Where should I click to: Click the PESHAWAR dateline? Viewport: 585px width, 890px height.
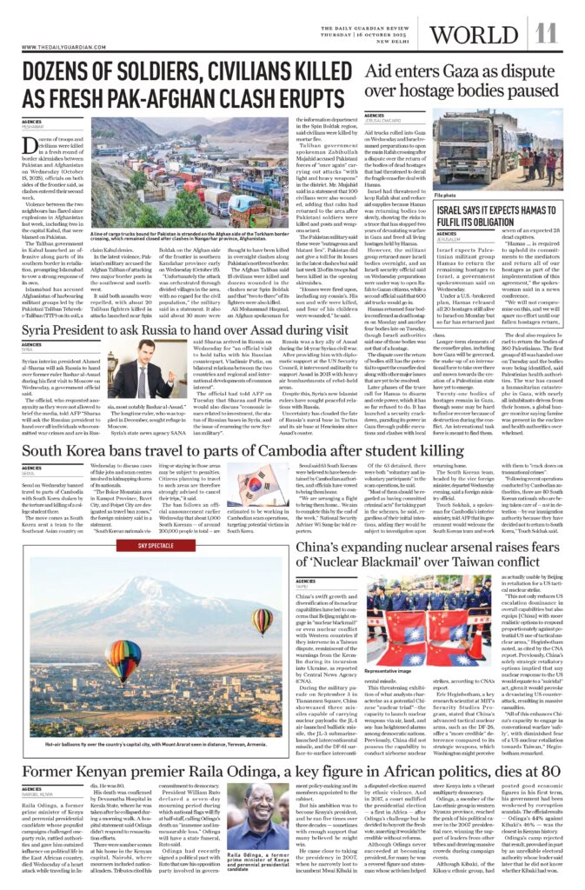click(x=32, y=126)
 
